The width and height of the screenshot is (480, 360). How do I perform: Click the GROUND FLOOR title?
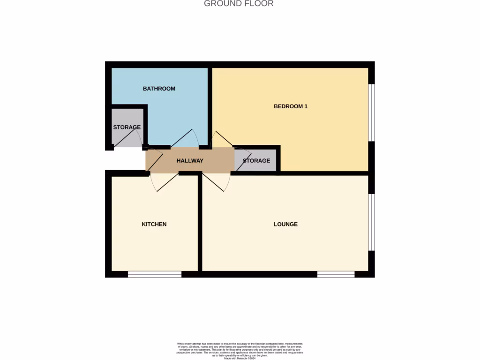click(x=239, y=4)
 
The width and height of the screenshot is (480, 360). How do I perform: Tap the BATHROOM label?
click(x=159, y=89)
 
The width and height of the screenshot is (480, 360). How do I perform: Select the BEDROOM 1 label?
click(x=290, y=106)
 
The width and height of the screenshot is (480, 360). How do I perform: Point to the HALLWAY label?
click(x=190, y=161)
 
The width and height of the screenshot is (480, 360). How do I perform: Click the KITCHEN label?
click(x=154, y=224)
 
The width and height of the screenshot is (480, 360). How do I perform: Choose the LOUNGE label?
click(x=285, y=224)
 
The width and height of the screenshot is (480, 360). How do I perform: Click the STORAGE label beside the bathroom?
click(x=127, y=127)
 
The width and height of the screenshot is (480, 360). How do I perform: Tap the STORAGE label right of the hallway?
click(x=256, y=161)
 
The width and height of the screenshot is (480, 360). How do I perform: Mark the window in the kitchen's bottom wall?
click(x=154, y=274)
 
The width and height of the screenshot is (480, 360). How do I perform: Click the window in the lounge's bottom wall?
click(x=336, y=274)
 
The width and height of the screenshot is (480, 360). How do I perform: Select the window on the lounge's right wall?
click(x=371, y=222)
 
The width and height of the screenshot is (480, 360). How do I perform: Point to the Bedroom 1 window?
click(x=371, y=112)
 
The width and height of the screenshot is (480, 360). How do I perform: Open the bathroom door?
click(x=184, y=138)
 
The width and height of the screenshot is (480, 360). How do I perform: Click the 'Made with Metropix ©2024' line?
click(x=240, y=358)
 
